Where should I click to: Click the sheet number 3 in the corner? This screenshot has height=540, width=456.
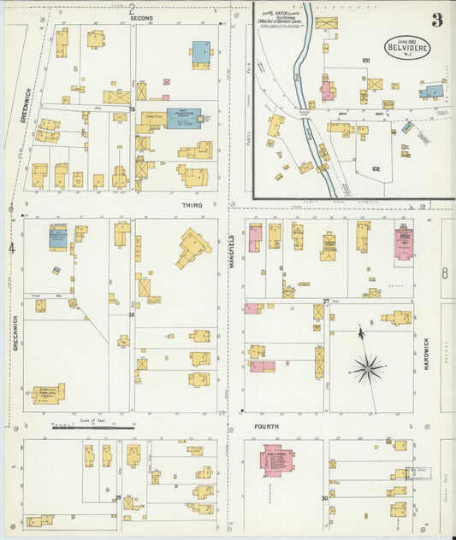point(437,21)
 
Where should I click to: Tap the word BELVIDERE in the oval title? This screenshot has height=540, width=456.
point(406,49)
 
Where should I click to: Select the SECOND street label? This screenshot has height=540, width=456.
point(142,18)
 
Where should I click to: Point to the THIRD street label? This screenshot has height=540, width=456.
point(192,206)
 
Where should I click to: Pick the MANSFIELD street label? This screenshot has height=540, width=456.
point(231,252)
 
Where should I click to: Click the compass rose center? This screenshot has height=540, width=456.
point(367,369)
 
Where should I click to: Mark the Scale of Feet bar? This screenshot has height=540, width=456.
point(92,426)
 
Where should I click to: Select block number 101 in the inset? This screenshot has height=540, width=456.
point(365,61)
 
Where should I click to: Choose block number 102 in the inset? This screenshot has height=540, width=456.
point(376,169)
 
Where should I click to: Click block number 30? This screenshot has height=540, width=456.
point(324,498)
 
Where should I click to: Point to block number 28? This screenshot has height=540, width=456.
point(131,314)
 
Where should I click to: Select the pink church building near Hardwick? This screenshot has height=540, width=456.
point(403,241)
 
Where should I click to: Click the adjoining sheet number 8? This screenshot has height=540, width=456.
point(445,273)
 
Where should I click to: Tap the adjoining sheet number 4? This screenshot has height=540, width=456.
point(12,249)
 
